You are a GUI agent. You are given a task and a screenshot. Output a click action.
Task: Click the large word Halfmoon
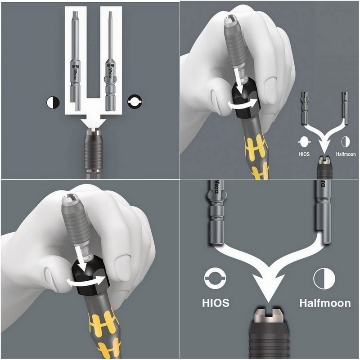325,303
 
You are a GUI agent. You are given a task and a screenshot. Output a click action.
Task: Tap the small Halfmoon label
346,154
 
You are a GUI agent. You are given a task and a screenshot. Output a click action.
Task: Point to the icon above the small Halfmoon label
346,142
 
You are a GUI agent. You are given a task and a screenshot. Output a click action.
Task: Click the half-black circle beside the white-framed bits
53,102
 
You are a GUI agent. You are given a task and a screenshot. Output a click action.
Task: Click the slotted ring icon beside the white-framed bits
135,102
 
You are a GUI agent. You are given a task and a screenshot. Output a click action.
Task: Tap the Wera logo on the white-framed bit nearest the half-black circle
76,71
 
